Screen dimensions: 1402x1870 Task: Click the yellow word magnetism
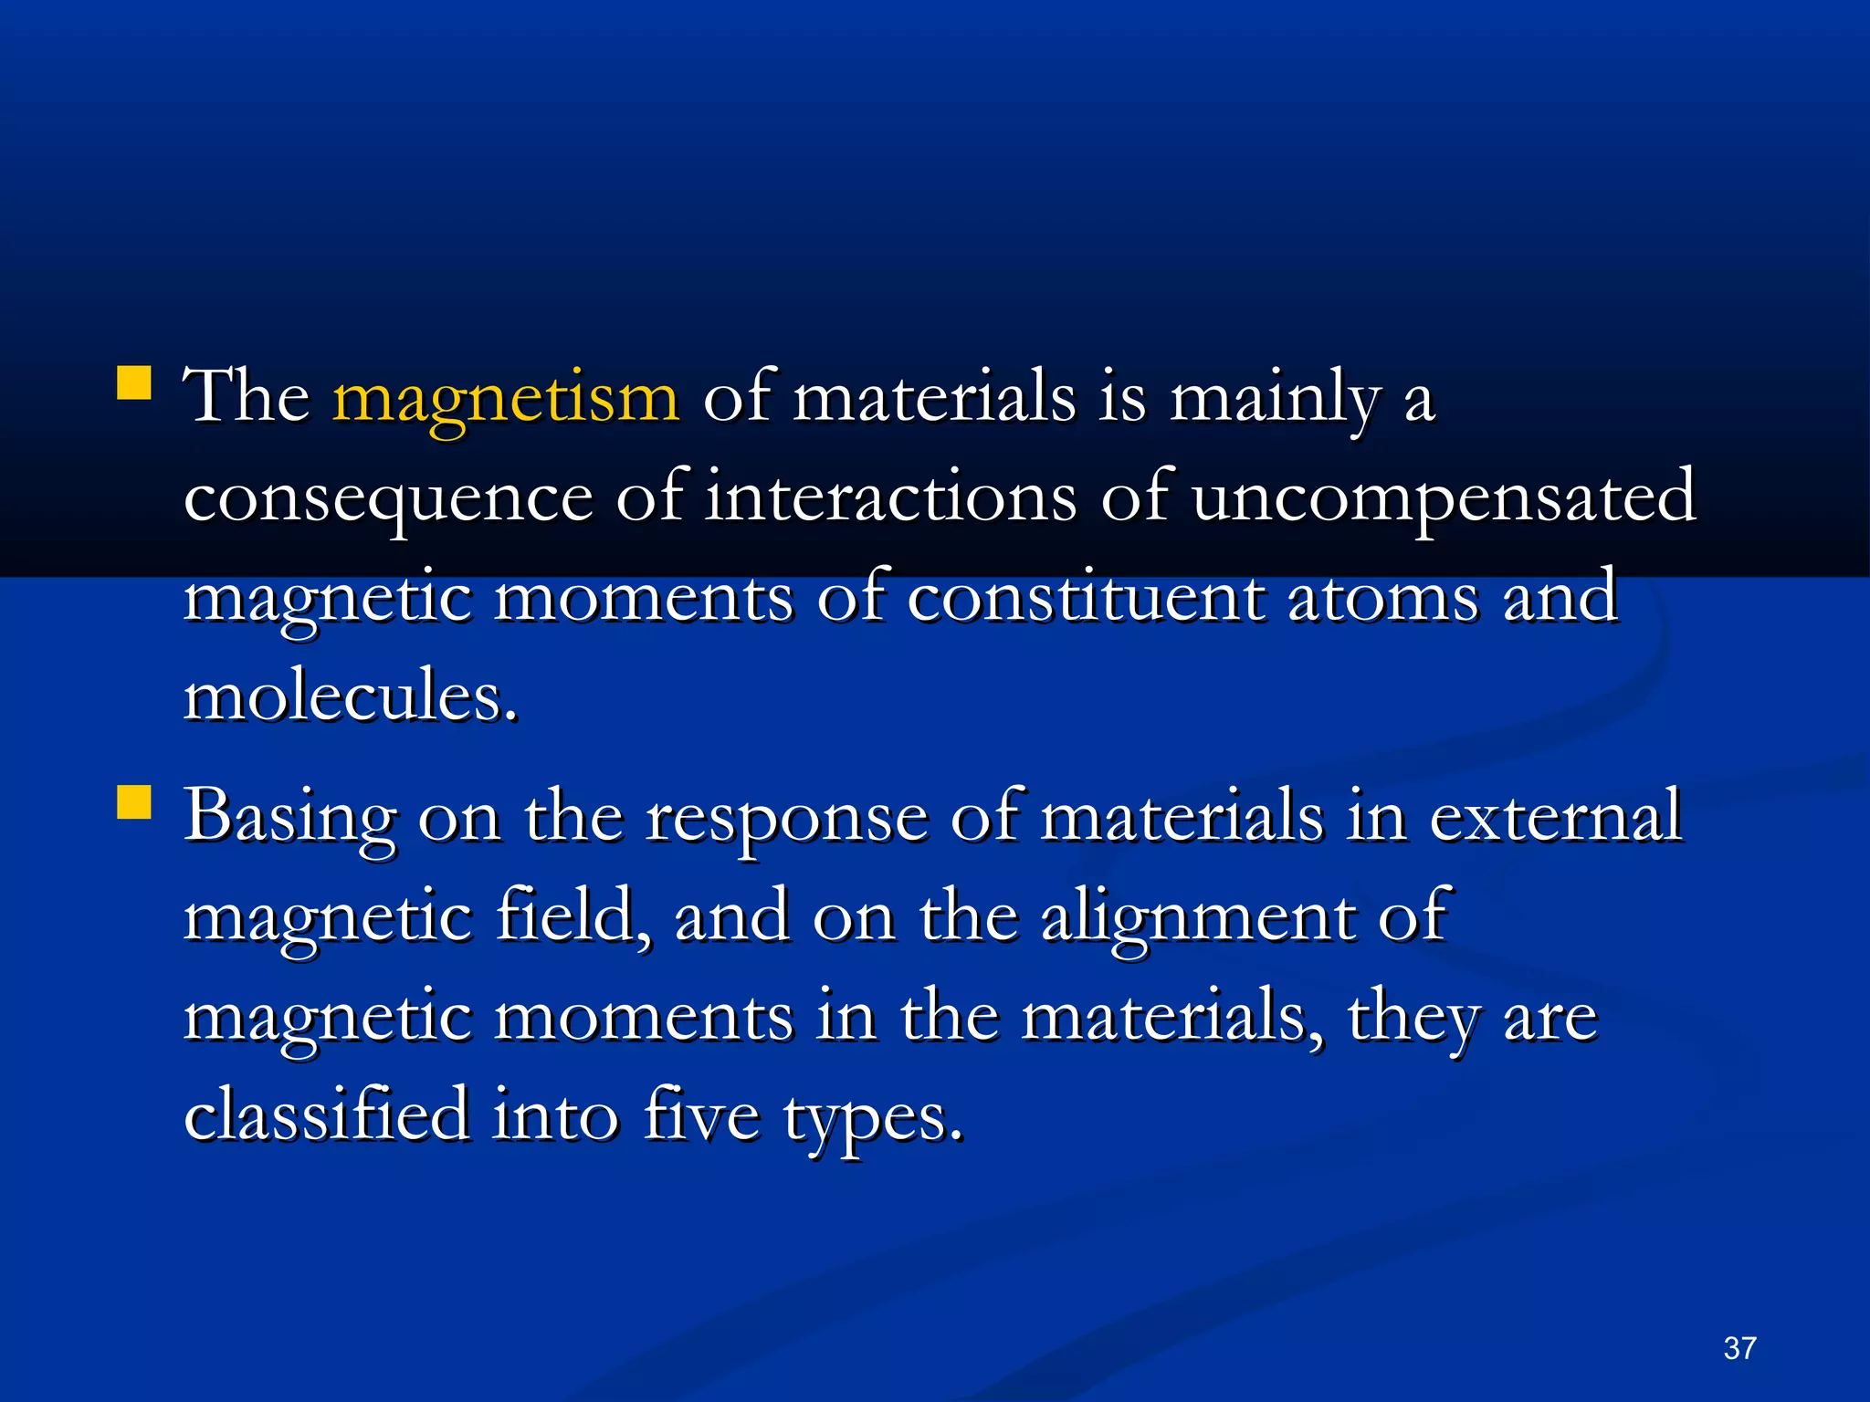pyautogui.click(x=506, y=399)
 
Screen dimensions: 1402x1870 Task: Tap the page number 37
pyautogui.click(x=1739, y=1348)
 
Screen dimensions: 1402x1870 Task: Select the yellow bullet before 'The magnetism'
pyautogui.click(x=134, y=383)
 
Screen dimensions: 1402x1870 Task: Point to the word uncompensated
pyautogui.click(x=1444, y=498)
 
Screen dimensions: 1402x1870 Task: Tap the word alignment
pyautogui.click(x=1197, y=917)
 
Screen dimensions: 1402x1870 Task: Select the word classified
pyautogui.click(x=326, y=1114)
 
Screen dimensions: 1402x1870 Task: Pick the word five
pyautogui.click(x=700, y=1114)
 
